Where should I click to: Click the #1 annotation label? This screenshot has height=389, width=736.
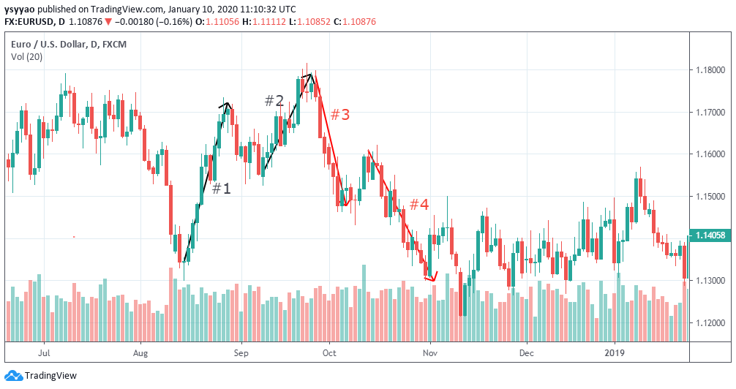tap(221, 189)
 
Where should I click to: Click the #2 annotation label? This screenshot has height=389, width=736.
tap(274, 101)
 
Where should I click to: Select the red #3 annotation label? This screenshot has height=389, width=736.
tap(339, 115)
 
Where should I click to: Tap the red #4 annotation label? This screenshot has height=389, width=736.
tap(418, 205)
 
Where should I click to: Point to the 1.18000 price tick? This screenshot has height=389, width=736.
tap(712, 70)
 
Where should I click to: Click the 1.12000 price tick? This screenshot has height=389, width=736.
tap(712, 323)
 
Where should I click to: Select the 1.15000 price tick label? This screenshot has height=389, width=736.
tap(712, 197)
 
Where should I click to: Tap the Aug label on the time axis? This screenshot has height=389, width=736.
tap(140, 352)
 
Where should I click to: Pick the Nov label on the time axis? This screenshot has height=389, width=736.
tap(429, 352)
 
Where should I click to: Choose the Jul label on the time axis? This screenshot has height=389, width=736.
tap(45, 352)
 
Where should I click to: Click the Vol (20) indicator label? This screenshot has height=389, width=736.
tap(27, 57)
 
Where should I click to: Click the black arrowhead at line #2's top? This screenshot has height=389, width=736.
tap(310, 75)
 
